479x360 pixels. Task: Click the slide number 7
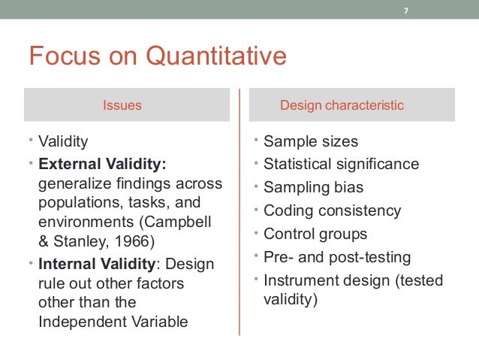coord(406,11)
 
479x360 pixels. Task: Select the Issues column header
coord(122,106)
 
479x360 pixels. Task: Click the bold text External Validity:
coord(103,163)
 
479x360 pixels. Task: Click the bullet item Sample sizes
coord(311,142)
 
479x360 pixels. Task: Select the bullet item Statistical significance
coord(341,164)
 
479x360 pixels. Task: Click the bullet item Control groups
coord(315,234)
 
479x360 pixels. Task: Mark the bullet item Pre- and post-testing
coord(337,257)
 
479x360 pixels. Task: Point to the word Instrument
coord(297,280)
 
